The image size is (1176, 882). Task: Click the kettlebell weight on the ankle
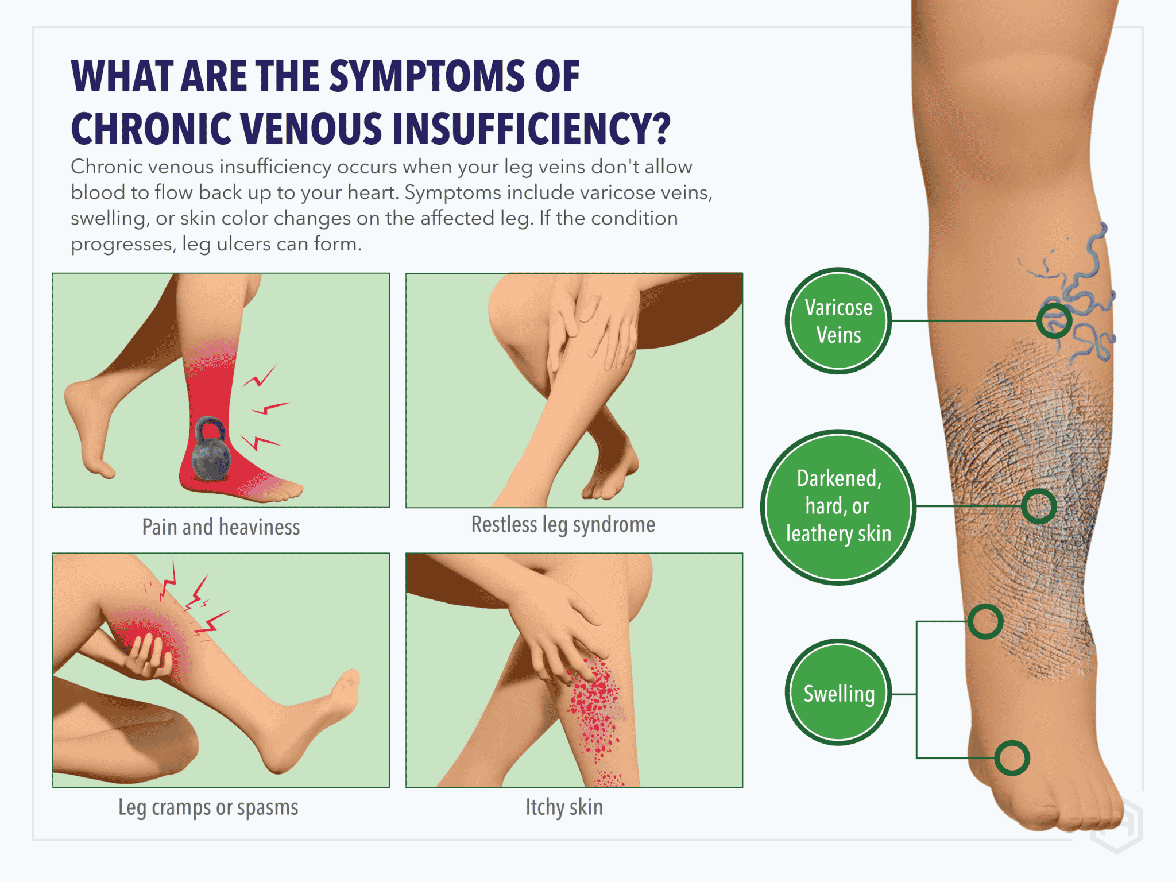pos(210,451)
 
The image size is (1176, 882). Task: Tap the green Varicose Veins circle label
pos(838,321)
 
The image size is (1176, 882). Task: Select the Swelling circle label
pos(838,693)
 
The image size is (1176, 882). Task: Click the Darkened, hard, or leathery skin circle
pos(838,507)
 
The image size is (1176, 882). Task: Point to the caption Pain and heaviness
pos(221,527)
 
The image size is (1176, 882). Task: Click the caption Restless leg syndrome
pos(563,524)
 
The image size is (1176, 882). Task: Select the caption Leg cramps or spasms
pos(208,807)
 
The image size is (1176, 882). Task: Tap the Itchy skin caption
pos(564,807)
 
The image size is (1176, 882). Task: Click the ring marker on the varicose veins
pos(1054,321)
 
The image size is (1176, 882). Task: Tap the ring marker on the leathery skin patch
pos(1039,506)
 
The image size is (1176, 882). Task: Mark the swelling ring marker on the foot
pos(1012,758)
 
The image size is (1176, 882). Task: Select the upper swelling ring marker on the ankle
pos(985,621)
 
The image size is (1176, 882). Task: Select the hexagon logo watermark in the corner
pos(1117,824)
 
